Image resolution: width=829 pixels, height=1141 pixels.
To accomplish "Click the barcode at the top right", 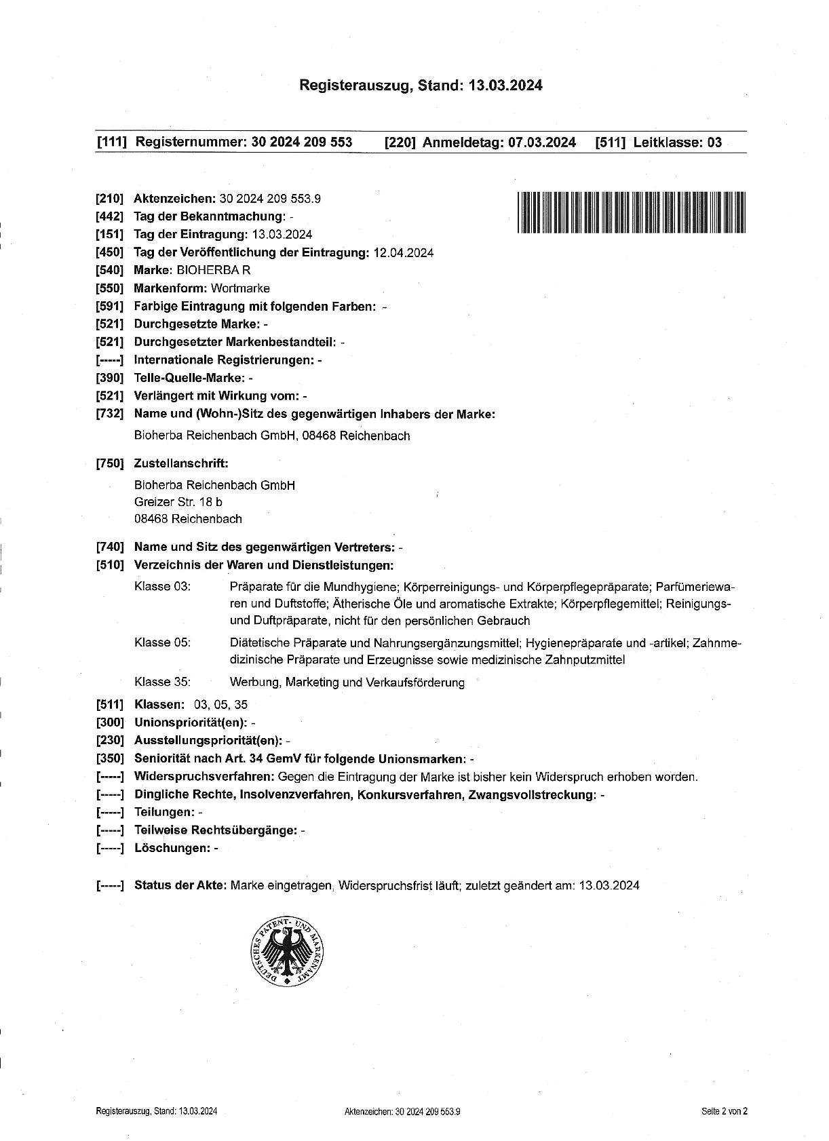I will (x=631, y=212).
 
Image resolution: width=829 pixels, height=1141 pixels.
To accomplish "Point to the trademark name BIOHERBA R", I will (x=214, y=270).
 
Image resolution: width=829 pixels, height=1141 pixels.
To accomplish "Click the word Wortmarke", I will (x=240, y=288).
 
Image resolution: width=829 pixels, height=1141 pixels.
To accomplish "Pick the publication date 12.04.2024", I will (x=404, y=252).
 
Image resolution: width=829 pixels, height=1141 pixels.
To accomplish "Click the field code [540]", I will (x=110, y=270).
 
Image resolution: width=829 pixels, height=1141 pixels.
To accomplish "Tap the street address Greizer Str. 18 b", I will (x=178, y=502).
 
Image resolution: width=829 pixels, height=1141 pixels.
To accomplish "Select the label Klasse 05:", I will (x=162, y=642).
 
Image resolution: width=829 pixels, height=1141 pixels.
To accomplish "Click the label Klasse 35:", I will (x=162, y=682).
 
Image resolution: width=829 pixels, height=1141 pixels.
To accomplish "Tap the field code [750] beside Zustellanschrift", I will (x=110, y=464).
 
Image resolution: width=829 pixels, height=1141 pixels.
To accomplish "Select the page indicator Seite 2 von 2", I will (x=725, y=1111).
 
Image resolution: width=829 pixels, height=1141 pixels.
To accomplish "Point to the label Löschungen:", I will (x=172, y=848).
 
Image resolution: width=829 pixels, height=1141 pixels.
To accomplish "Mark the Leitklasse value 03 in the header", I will (x=714, y=142).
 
